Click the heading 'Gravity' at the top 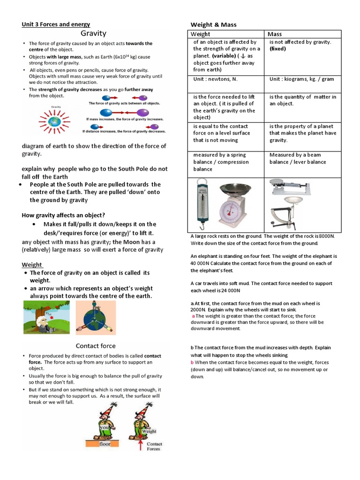[x=94, y=33]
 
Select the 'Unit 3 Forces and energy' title [x=56, y=24]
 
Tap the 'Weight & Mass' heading [x=213, y=24]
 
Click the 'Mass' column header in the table [x=275, y=34]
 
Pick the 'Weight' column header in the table [x=200, y=34]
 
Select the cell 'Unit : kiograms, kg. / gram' [x=301, y=79]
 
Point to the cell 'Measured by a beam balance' [x=298, y=158]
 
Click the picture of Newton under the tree [x=47, y=317]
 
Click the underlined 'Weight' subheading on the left [x=32, y=265]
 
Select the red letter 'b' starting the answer [x=192, y=363]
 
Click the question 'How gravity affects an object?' [x=63, y=215]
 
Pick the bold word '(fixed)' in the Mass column [x=277, y=49]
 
